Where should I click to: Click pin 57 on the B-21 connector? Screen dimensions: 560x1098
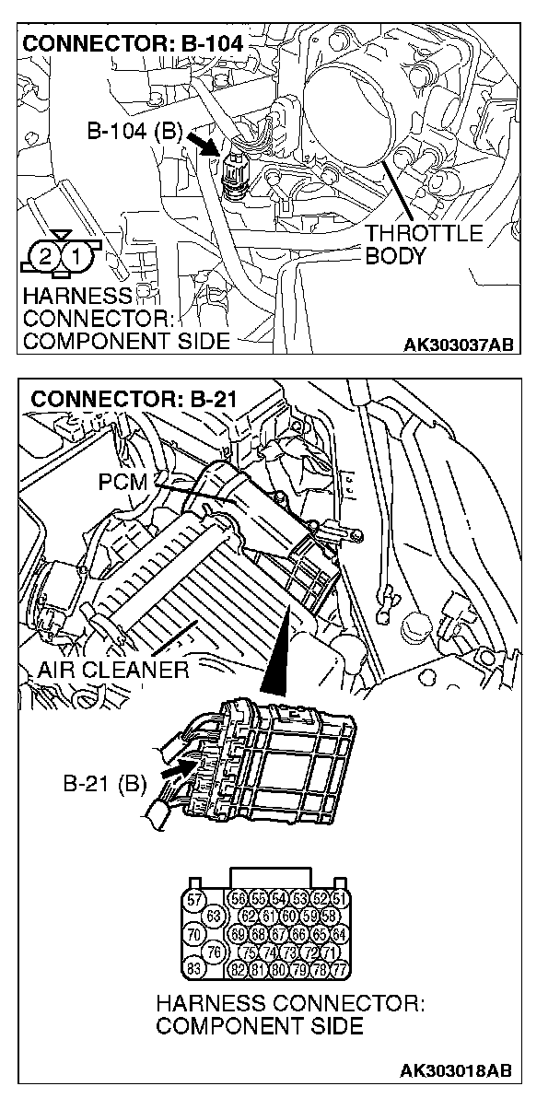pos(194,899)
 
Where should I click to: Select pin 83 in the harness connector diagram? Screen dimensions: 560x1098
pos(194,968)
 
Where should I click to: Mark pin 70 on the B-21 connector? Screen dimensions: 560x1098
pos(194,934)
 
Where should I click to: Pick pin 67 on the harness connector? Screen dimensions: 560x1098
pos(283,934)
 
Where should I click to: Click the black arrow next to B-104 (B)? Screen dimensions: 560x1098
pos(200,140)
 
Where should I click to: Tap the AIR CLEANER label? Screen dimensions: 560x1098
pos(113,670)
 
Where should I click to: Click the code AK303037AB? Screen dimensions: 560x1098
pos(457,345)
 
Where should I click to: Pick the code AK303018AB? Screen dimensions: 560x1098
pos(455,1071)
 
